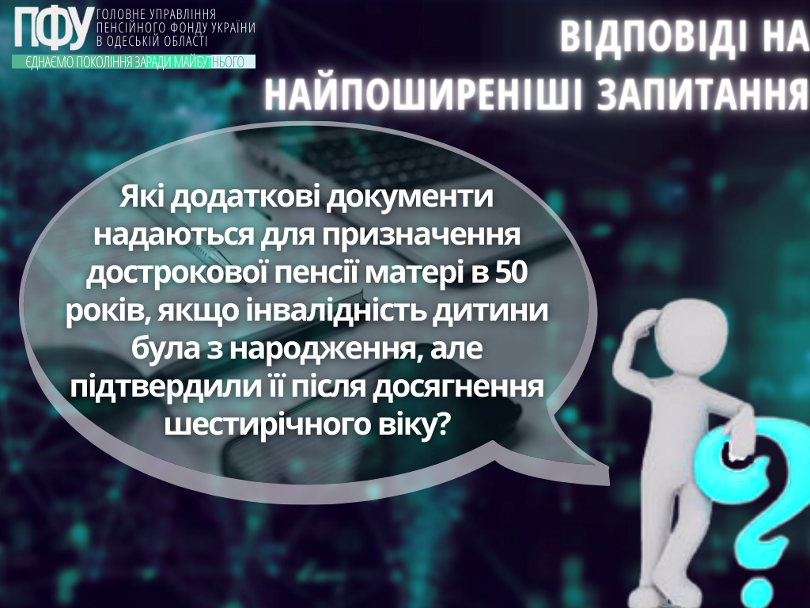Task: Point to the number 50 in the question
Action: coord(511,273)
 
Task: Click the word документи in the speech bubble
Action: coord(411,197)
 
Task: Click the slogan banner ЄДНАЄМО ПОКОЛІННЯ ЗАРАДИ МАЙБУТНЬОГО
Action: coord(134,62)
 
